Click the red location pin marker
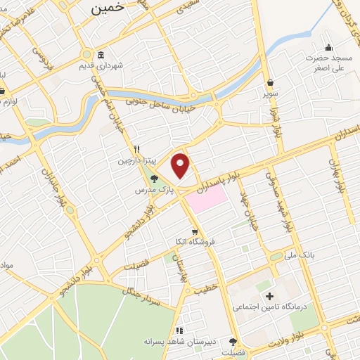pyautogui.click(x=181, y=166)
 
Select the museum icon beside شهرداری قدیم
pyautogui.click(x=101, y=56)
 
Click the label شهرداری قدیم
pyautogui.click(x=121, y=66)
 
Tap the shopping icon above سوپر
pyautogui.click(x=271, y=82)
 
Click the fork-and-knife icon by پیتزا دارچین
pyautogui.click(x=138, y=149)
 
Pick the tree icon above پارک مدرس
pyautogui.click(x=154, y=179)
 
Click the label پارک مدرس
pyautogui.click(x=153, y=190)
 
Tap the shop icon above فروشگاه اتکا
pyautogui.click(x=195, y=231)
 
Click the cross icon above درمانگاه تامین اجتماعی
pyautogui.click(x=269, y=296)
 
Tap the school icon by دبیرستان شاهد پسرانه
pyautogui.click(x=179, y=330)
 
